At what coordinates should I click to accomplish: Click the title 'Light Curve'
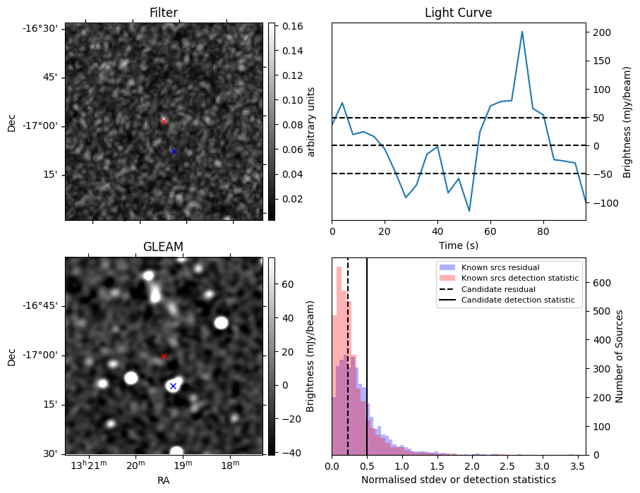coord(458,13)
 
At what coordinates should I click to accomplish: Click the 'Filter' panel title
coord(164,13)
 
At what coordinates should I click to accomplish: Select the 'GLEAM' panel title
coord(163,246)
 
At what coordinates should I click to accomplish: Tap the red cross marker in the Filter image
coord(164,121)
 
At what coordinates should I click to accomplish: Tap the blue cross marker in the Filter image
coord(173,151)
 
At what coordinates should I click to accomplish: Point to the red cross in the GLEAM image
coord(164,356)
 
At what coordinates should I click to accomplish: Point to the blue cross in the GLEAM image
coord(173,386)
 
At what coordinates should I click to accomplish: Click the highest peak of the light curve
coord(522,32)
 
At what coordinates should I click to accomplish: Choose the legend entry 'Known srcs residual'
coord(500,267)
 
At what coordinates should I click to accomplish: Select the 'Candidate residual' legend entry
coord(497,289)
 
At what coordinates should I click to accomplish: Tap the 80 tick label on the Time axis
coord(543,231)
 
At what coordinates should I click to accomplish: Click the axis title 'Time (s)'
coord(458,244)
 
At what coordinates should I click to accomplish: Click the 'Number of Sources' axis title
coord(620,356)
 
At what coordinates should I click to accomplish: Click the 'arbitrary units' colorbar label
coord(311,121)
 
